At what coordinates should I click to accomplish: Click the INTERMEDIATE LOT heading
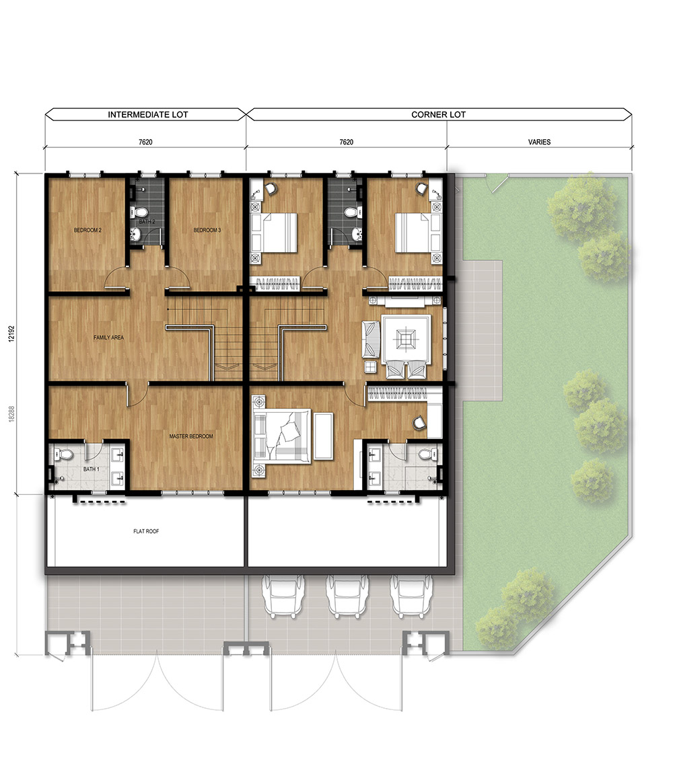coord(148,115)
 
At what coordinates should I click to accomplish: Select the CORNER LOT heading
coord(438,115)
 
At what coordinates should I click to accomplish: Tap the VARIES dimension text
coord(539,142)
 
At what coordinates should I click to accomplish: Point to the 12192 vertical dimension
coord(11,334)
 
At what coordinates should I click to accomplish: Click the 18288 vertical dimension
coord(11,414)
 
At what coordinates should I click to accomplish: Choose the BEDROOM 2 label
coord(88,230)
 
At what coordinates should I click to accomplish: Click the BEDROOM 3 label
coord(207,230)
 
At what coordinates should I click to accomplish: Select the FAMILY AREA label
coord(108,338)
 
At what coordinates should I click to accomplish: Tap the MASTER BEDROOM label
coord(191,436)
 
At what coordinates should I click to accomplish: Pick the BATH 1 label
coord(92,469)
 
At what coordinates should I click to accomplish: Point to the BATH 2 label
coord(147,221)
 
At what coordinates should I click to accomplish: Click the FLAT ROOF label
coord(146,531)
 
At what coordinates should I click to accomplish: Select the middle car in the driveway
coord(347,597)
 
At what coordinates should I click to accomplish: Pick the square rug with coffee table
coord(405,340)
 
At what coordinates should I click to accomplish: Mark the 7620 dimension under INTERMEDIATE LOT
coord(145,142)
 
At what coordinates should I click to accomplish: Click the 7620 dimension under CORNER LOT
coord(347,142)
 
